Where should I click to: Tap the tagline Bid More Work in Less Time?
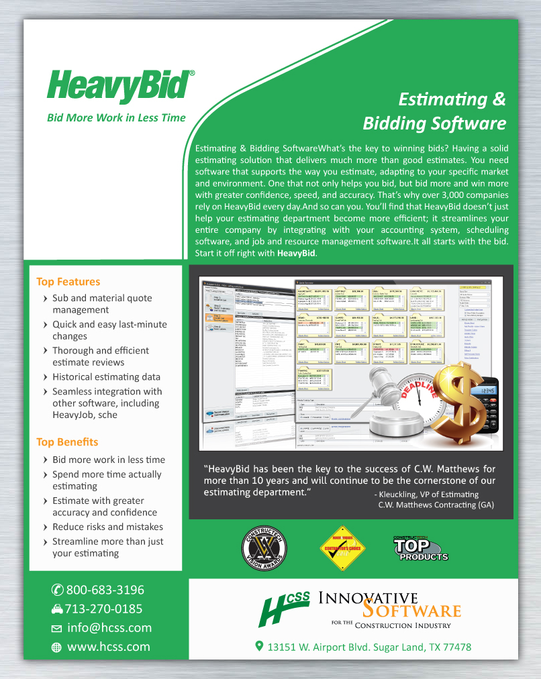[x=115, y=117]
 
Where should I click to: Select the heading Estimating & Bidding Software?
[x=434, y=111]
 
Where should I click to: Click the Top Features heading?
[x=68, y=282]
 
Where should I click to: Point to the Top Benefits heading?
[x=67, y=442]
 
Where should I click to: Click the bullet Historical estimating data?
[x=106, y=377]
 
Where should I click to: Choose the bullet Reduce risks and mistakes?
[x=107, y=527]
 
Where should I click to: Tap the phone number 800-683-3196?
[x=105, y=590]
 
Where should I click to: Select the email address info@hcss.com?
[x=109, y=629]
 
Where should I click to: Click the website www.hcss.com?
[x=108, y=647]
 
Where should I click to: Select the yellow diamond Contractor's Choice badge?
[x=343, y=548]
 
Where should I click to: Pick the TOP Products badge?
[x=420, y=548]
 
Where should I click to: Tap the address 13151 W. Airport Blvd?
[x=368, y=647]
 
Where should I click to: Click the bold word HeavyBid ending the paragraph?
[x=296, y=254]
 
